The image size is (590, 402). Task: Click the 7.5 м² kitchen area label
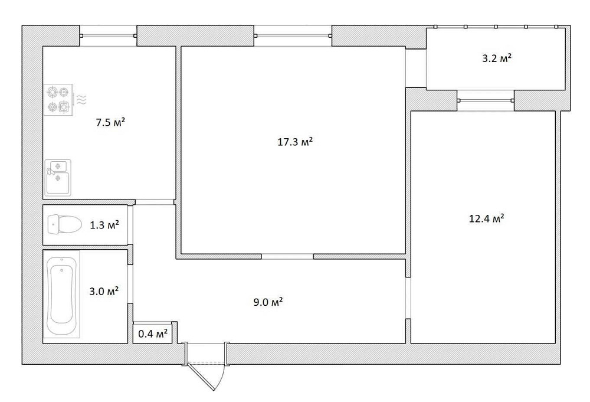[x=111, y=122]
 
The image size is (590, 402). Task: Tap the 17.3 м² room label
[x=296, y=142]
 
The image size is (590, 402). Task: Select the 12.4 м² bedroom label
[x=487, y=218]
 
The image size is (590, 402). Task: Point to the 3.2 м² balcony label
[x=497, y=58]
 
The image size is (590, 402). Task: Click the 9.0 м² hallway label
[x=268, y=302]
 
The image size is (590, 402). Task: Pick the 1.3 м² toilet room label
[x=104, y=225]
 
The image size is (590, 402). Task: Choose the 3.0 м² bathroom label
[x=104, y=291]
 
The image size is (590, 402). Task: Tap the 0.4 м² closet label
[x=153, y=334]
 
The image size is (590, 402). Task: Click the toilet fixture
[x=65, y=225]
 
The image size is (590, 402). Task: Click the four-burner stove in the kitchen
[x=59, y=99]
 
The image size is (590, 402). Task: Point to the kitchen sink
[x=58, y=178]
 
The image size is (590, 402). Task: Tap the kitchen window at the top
[x=108, y=36]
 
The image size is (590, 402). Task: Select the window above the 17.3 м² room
[x=293, y=36]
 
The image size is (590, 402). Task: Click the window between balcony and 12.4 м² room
[x=486, y=100]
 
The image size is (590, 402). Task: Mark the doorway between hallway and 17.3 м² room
[x=287, y=256]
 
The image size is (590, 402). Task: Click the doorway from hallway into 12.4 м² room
[x=408, y=298]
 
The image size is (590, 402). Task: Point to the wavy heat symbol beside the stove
[x=81, y=99]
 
